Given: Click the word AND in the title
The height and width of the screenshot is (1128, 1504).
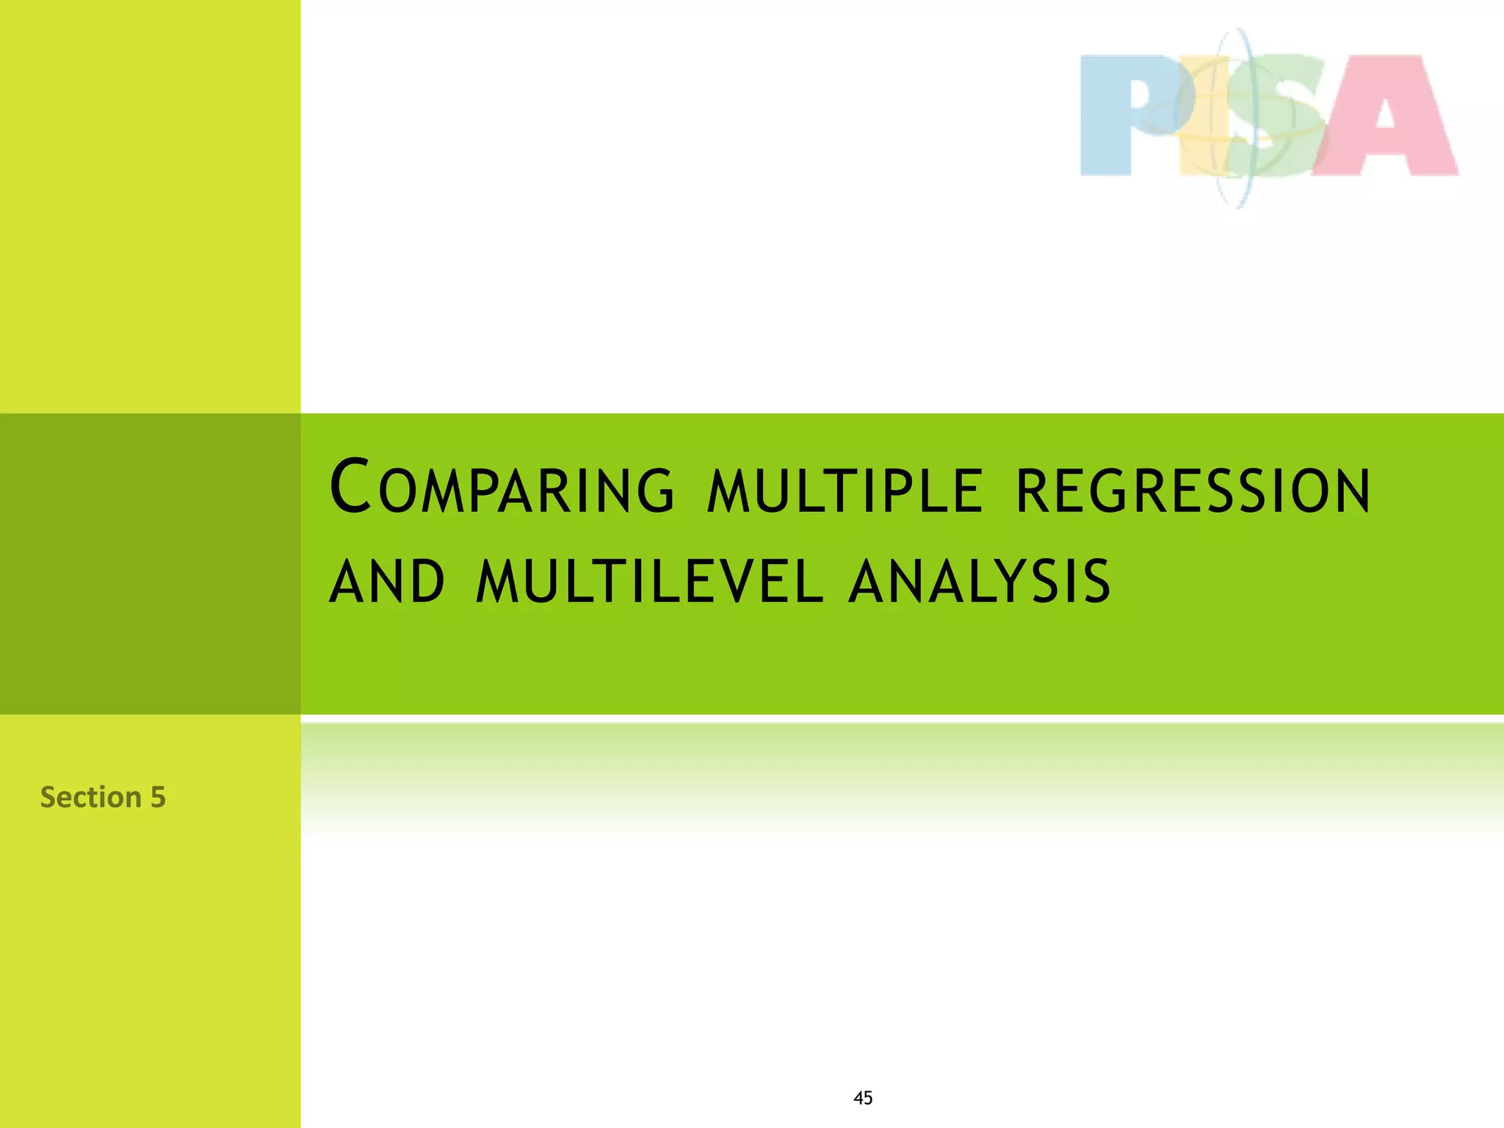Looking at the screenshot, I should point(387,581).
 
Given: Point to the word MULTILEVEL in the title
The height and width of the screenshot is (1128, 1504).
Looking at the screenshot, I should point(649,581).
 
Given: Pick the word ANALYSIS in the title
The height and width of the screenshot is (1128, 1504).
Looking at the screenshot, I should point(979,581).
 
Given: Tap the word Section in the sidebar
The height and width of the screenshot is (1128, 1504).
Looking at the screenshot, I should point(90,797).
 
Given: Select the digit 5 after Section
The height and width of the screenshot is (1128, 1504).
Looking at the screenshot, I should point(158,798).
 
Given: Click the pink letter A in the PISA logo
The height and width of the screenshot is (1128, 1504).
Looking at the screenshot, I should point(1384,117).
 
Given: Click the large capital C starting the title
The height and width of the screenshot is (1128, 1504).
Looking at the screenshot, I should point(350,485).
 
